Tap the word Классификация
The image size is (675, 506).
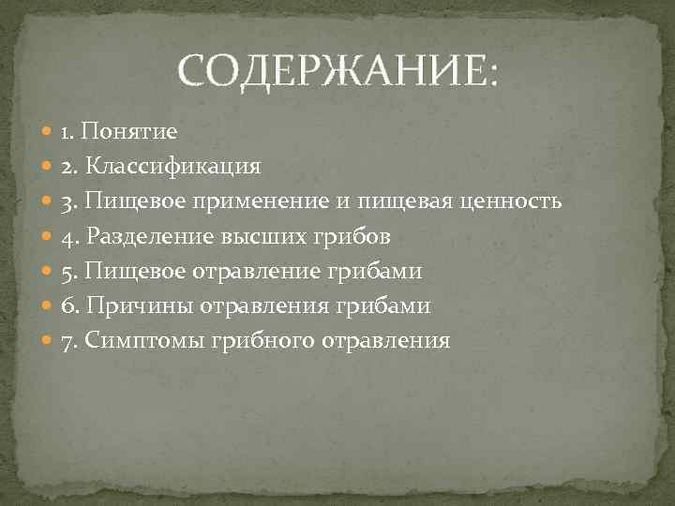173,167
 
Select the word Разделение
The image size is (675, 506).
149,236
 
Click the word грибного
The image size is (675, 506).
248,341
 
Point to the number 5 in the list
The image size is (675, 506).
67,272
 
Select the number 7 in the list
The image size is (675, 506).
67,341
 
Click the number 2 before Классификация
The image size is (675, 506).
67,167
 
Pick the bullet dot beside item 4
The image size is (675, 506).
48,237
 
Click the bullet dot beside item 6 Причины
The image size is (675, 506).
48,306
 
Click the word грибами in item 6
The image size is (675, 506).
397,306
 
